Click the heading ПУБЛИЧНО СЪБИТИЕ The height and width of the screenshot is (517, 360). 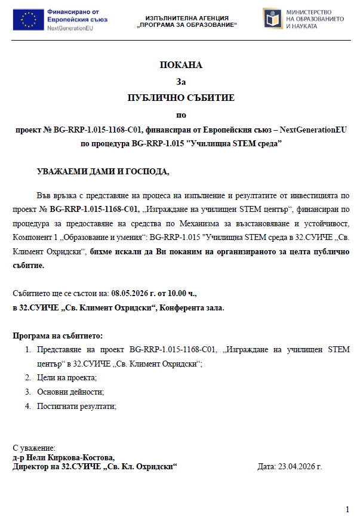tap(181, 97)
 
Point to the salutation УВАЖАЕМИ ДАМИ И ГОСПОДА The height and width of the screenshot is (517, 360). tap(103, 172)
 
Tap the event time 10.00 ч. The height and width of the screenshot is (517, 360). tap(181, 293)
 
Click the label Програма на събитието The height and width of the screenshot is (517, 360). tap(58, 336)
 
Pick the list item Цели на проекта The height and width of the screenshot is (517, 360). tap(66, 377)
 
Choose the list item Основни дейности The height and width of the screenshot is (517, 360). tap(70, 392)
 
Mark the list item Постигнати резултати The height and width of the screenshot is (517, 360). tap(76, 406)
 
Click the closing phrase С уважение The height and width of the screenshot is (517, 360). tap(34, 448)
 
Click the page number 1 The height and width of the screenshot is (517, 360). tap(347, 509)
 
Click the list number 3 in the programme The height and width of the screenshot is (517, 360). tap(27, 392)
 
